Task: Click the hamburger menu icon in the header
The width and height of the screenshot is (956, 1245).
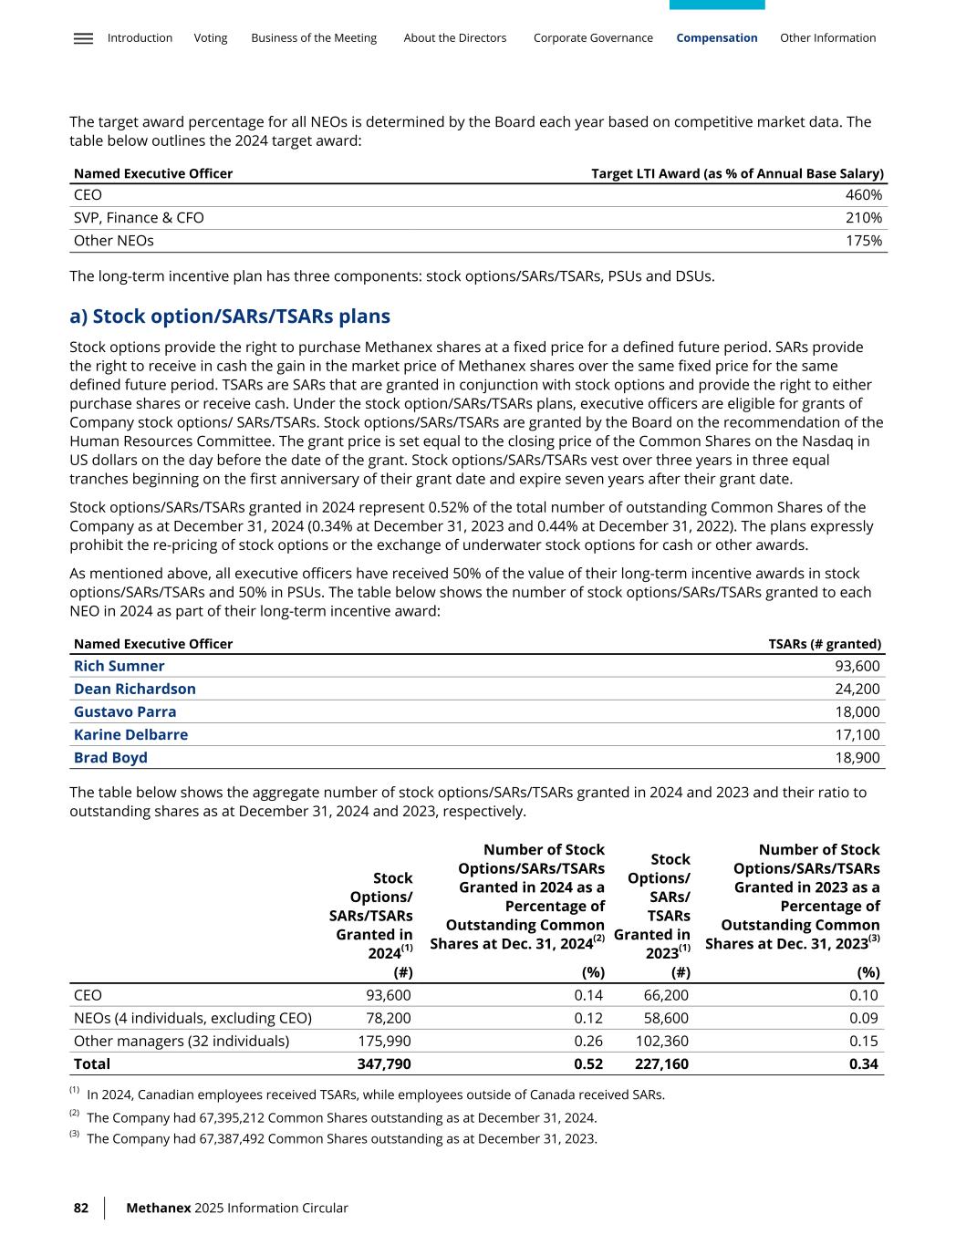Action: point(83,38)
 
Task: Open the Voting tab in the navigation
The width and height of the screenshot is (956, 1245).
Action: point(210,38)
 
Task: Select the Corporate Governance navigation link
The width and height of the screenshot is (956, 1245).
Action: point(593,38)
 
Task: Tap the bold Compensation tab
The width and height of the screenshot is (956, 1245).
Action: point(716,38)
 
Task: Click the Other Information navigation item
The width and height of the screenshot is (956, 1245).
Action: point(827,38)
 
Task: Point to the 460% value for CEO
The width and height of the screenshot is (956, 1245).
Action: point(863,195)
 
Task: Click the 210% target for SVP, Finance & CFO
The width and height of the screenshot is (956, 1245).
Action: point(863,218)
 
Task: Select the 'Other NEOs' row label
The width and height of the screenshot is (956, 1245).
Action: point(113,241)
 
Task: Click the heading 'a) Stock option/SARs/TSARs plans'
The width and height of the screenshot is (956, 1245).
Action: point(230,316)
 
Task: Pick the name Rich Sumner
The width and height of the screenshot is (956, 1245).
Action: point(119,666)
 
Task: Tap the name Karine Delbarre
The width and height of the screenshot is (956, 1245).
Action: point(130,734)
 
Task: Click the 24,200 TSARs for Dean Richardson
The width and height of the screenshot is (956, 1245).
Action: point(857,689)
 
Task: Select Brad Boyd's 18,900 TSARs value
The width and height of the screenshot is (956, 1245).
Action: point(857,758)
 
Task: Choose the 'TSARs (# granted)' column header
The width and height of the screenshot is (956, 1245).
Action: point(825,644)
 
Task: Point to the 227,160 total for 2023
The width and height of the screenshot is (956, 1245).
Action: point(661,1063)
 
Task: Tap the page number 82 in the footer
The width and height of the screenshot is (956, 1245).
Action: point(81,1208)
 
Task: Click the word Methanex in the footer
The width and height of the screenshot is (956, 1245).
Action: point(158,1208)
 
